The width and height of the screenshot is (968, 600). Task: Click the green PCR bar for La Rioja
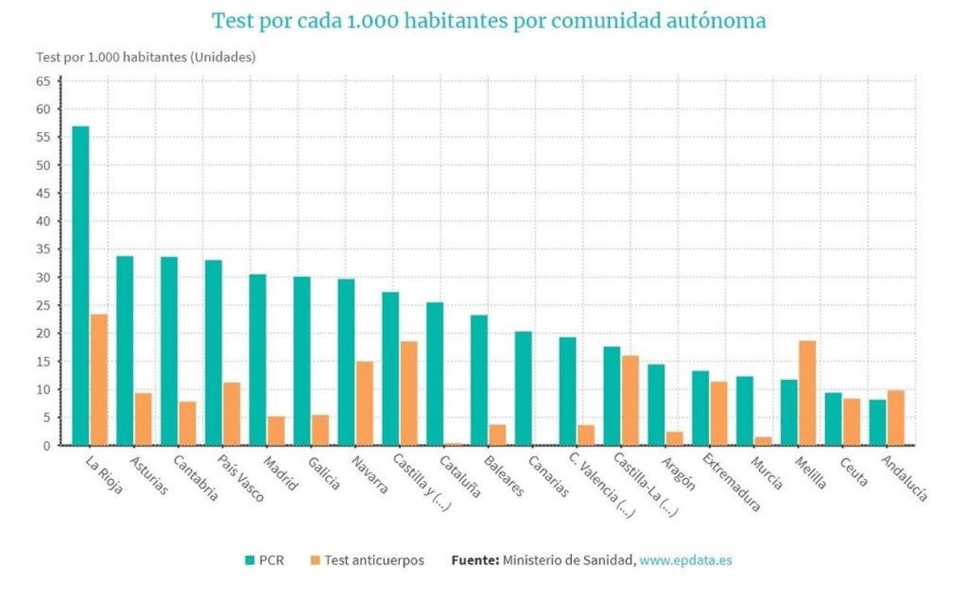click(81, 285)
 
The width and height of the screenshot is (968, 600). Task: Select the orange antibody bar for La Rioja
click(99, 379)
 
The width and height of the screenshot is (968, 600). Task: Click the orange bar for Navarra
click(365, 403)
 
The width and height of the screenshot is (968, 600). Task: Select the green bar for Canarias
click(524, 388)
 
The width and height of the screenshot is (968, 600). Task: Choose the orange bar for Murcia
click(763, 440)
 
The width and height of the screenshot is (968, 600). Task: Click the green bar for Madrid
click(257, 360)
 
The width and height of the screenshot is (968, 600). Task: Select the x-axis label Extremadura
click(731, 482)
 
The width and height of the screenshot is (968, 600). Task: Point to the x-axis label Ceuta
click(853, 471)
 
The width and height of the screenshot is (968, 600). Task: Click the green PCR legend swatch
click(251, 560)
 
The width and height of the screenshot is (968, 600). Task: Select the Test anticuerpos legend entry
click(373, 560)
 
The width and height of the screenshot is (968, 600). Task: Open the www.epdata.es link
click(686, 560)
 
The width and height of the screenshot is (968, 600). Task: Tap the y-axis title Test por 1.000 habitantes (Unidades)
click(146, 57)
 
